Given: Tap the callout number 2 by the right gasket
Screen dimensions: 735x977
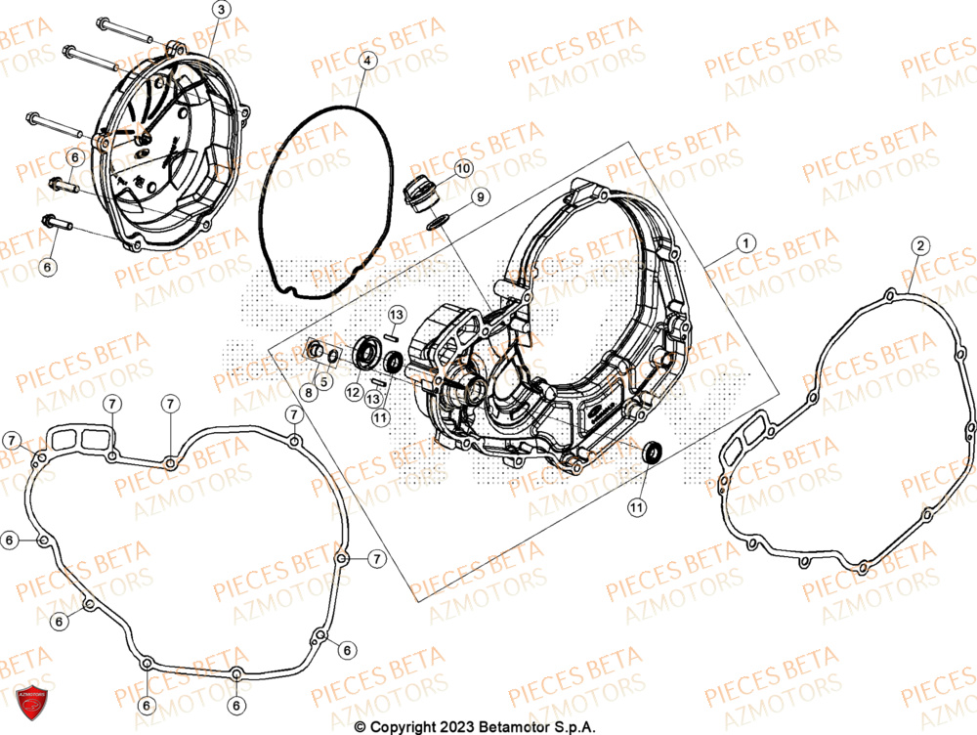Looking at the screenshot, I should pos(919,245).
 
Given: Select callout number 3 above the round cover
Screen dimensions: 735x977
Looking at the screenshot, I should pos(221,10).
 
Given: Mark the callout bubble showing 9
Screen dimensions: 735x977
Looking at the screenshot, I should pos(479,197).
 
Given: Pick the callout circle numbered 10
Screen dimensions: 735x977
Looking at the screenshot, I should pos(463,168).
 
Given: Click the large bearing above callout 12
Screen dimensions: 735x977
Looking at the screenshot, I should pos(369,353).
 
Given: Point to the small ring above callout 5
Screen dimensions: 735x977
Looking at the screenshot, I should pos(333,356).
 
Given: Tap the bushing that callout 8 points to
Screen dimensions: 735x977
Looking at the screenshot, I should pos(316,349).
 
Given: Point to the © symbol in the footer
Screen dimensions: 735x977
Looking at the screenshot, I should pos(361,726).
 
